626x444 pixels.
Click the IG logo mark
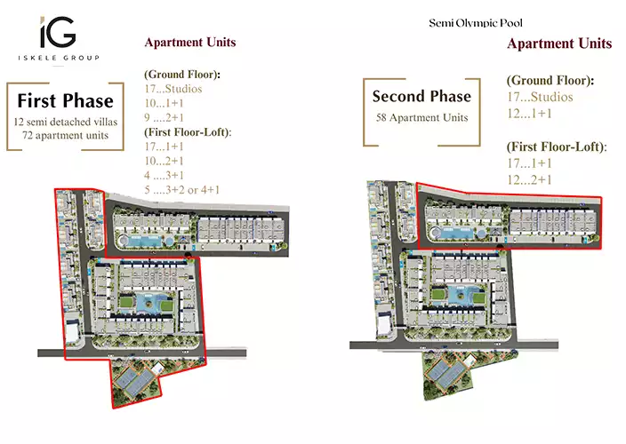pyautogui.click(x=58, y=32)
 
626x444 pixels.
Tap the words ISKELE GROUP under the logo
pyautogui.click(x=59, y=58)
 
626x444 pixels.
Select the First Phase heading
pyautogui.click(x=66, y=100)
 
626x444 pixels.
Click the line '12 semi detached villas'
pyautogui.click(x=66, y=122)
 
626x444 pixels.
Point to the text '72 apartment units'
pyautogui.click(x=66, y=135)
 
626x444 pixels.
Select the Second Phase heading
pyautogui.click(x=421, y=96)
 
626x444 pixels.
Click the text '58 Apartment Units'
pyautogui.click(x=422, y=117)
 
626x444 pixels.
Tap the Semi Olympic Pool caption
pyautogui.click(x=476, y=23)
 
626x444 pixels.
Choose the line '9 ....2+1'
pyautogui.click(x=165, y=117)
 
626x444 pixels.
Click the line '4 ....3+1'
pyautogui.click(x=165, y=175)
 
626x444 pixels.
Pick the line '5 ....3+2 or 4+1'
pyautogui.click(x=182, y=190)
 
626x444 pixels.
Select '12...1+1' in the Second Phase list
pyautogui.click(x=529, y=114)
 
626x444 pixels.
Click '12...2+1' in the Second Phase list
pyautogui.click(x=529, y=180)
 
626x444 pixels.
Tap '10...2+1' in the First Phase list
pyautogui.click(x=165, y=161)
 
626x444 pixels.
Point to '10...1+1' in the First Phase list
pyautogui.click(x=165, y=103)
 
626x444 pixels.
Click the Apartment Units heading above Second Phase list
pyautogui.click(x=559, y=44)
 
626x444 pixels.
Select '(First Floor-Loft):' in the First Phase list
pyautogui.click(x=188, y=132)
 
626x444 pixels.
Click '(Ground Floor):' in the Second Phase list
pyautogui.click(x=550, y=81)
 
